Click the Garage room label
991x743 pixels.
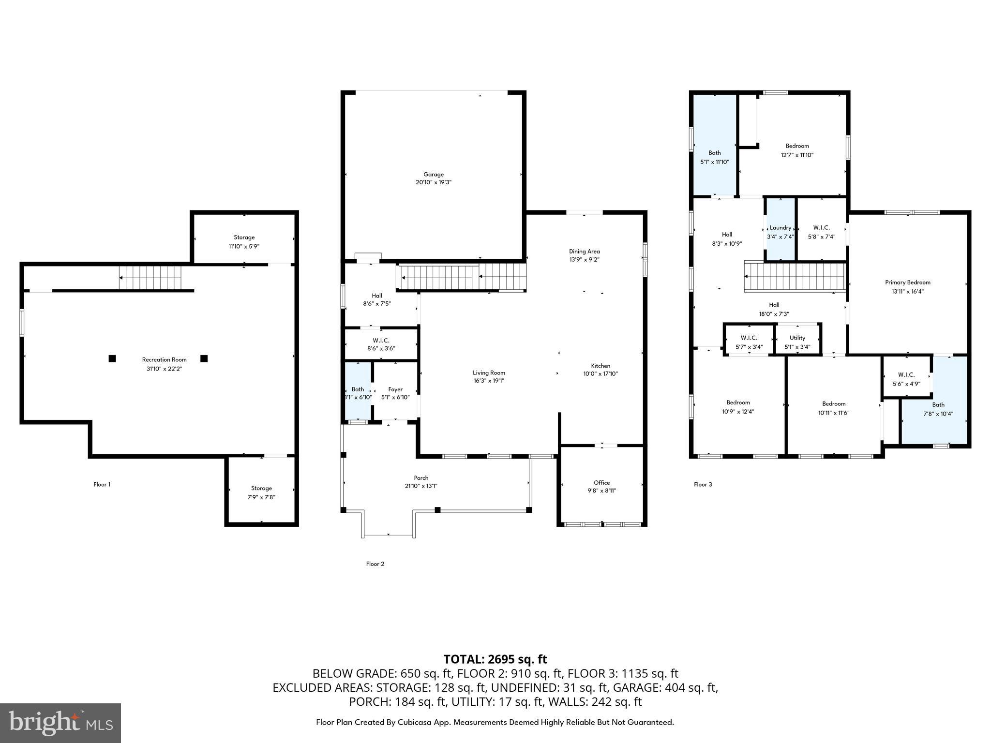pos(434,175)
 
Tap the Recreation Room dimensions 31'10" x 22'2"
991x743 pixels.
pos(165,369)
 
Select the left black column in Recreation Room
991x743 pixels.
pos(112,358)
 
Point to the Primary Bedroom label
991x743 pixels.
pos(907,282)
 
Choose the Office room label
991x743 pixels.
pos(601,483)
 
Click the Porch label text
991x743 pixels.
pos(421,478)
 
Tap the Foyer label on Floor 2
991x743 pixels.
pos(395,389)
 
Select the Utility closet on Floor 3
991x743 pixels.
pos(797,339)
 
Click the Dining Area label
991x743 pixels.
pos(584,252)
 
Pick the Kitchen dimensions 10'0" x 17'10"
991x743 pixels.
pos(601,374)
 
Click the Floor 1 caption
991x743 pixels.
pos(102,484)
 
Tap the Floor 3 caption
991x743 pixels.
pos(703,484)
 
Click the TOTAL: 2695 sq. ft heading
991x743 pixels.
pos(495,659)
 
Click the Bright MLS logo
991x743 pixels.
pos(60,723)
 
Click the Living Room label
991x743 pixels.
pos(489,373)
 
